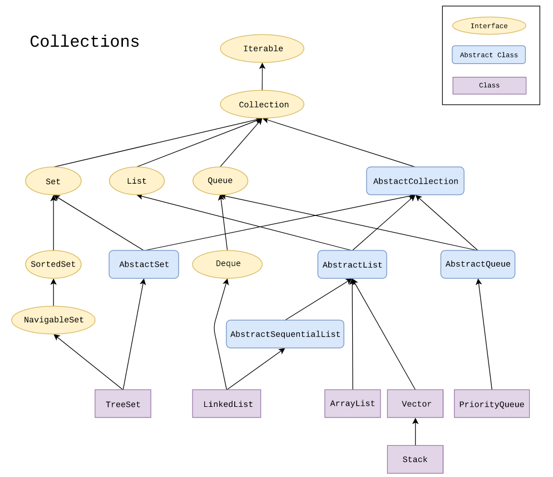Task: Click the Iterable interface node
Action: (262, 48)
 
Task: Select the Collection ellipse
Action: (262, 105)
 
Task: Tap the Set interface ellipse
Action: (53, 181)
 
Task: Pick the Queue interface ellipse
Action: (220, 181)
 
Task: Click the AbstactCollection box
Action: (415, 181)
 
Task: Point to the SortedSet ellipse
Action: (53, 264)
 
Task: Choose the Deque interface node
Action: (228, 264)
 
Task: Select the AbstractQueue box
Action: (478, 264)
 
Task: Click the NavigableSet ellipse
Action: (53, 320)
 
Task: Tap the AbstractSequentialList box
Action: (285, 334)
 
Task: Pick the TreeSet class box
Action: (123, 404)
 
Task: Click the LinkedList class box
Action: (227, 404)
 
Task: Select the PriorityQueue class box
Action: (492, 404)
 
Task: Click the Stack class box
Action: (415, 459)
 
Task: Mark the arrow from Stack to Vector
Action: (415, 431)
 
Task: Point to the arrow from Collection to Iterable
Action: (262, 77)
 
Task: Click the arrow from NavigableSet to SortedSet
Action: (53, 292)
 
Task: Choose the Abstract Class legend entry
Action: (489, 55)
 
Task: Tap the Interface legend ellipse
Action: (489, 26)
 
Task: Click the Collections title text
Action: (85, 42)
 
